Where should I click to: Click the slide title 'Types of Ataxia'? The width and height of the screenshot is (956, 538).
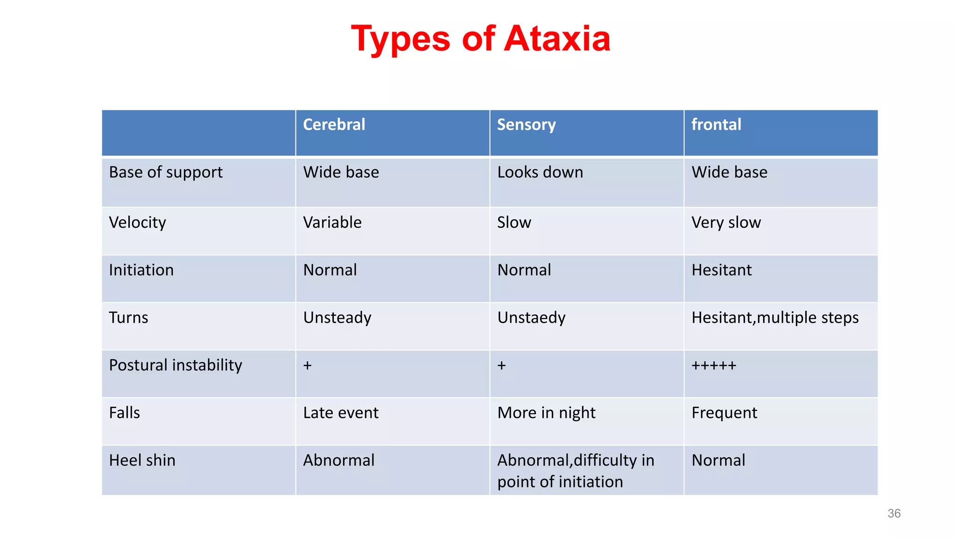[x=480, y=39]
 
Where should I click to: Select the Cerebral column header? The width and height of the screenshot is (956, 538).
[x=334, y=125]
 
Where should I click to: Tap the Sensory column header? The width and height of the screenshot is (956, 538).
[x=526, y=125]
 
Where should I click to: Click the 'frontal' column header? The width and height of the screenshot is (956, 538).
[x=716, y=125]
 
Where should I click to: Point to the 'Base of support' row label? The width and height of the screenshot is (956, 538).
[x=166, y=172]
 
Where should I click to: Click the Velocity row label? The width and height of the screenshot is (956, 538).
[x=137, y=222]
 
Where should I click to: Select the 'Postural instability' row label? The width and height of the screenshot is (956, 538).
[x=176, y=365]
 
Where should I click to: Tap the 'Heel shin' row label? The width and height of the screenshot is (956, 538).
[x=142, y=460]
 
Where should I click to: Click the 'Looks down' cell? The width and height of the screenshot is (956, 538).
[x=540, y=172]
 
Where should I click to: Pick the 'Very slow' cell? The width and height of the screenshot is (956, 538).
[x=726, y=222]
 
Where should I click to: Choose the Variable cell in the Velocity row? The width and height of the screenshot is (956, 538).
[x=332, y=222]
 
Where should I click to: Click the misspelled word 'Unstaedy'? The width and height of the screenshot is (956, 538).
[x=531, y=318]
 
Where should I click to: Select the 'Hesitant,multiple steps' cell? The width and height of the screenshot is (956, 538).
[x=775, y=318]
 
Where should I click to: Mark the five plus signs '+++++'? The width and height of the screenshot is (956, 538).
[x=714, y=365]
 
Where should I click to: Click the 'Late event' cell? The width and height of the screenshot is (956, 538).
[x=341, y=413]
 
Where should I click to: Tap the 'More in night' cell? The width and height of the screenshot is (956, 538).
[x=546, y=413]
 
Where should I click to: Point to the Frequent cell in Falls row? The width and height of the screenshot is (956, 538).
[x=724, y=413]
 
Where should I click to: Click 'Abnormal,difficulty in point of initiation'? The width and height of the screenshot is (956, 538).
[x=575, y=471]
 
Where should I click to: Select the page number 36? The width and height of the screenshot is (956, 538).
[x=894, y=514]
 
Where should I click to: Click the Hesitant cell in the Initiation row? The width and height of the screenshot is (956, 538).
[x=721, y=270]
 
